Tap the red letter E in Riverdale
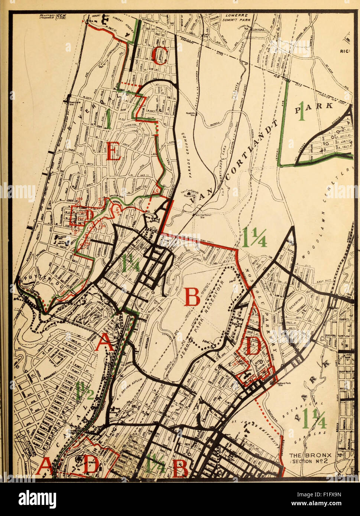point(113,151)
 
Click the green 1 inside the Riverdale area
point(108,120)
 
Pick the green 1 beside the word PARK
point(302,112)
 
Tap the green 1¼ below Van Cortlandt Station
point(254,238)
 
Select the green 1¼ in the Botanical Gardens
point(314,418)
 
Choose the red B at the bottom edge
point(180,468)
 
